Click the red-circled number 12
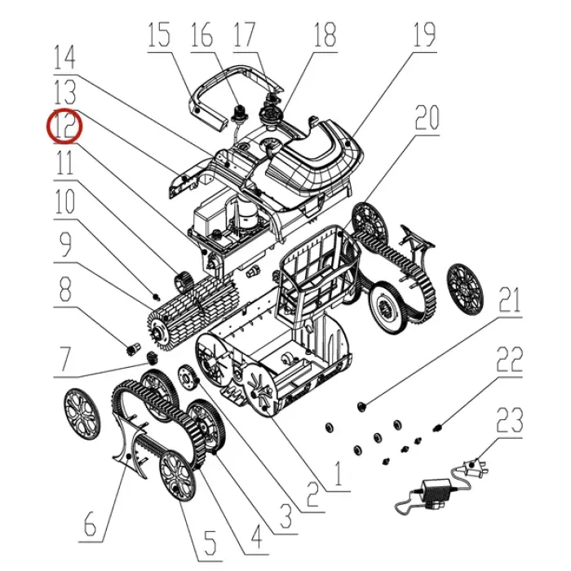click(64, 126)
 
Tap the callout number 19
click(425, 35)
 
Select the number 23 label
click(510, 421)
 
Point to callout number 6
click(91, 525)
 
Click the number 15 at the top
click(159, 35)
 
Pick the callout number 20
click(427, 117)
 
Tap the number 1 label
click(339, 474)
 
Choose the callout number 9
click(64, 245)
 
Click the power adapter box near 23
click(436, 491)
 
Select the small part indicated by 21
click(361, 406)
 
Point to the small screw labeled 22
click(437, 427)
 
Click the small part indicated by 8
click(132, 348)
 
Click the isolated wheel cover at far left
click(82, 414)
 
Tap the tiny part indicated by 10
click(157, 296)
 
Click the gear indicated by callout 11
click(184, 282)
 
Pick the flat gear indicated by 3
click(188, 378)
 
